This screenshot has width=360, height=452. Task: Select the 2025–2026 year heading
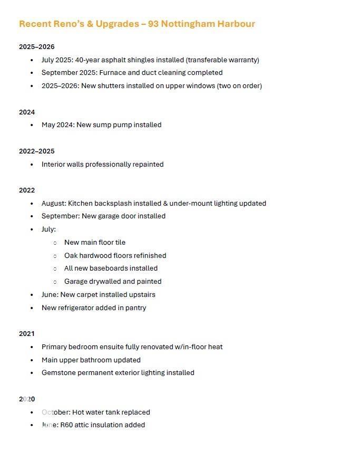pos(36,46)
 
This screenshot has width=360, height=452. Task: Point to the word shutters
pos(112,85)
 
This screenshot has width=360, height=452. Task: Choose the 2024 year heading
pos(27,112)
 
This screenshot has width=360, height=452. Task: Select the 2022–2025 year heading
pos(36,151)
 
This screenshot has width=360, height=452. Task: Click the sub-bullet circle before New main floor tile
pos(55,243)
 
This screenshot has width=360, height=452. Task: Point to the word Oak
pos(71,255)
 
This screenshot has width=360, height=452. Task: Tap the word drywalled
pos(109,281)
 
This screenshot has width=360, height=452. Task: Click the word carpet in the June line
pos(90,294)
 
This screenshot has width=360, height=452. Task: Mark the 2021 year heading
pos(27,333)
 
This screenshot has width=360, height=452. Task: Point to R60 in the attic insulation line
pos(66,425)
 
